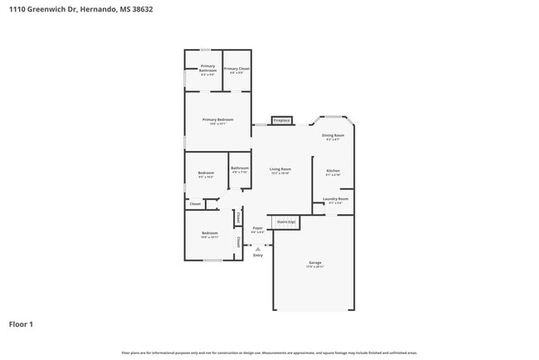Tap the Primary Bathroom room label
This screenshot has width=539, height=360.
tap(207, 71)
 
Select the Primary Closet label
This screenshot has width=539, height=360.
tap(237, 70)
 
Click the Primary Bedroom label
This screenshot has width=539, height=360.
tap(218, 121)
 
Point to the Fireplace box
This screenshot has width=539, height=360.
tap(281, 121)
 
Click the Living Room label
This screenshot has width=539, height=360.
tap(280, 171)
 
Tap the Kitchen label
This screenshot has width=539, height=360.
tap(333, 172)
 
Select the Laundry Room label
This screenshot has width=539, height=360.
tap(335, 200)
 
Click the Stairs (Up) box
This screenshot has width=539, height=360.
tap(286, 222)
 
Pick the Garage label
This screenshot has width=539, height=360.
tap(314, 264)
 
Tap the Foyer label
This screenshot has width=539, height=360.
tap(258, 229)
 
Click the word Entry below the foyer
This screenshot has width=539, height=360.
tap(258, 255)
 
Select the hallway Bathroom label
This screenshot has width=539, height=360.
tap(240, 169)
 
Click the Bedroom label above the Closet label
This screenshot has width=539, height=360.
tap(206, 174)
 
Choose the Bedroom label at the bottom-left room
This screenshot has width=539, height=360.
tap(209, 235)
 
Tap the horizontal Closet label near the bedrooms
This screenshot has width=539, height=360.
tap(196, 203)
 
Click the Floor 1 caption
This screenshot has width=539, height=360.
tap(21, 324)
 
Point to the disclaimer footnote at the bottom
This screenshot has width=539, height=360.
tap(269, 353)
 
